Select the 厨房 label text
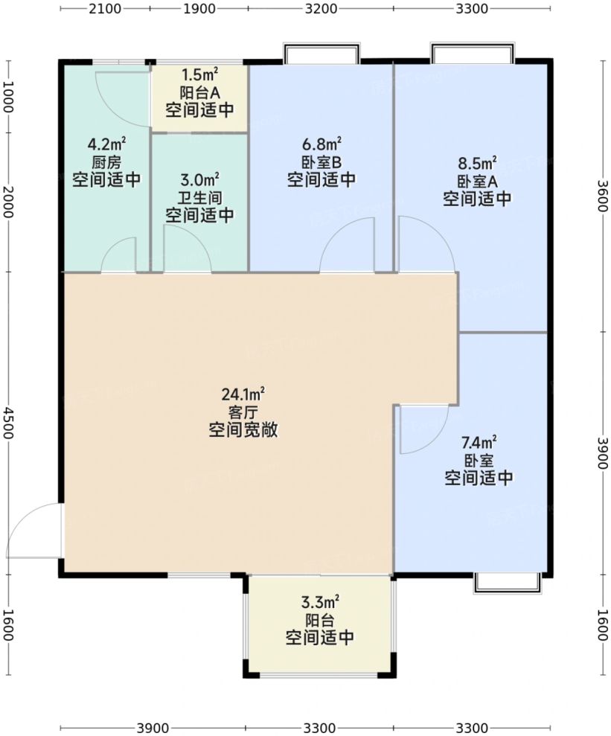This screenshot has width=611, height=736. click(106, 161)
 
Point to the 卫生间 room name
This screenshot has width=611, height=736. click(199, 198)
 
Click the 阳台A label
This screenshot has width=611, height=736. click(199, 92)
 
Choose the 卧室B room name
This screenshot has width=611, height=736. click(321, 161)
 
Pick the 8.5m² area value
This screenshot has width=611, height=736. click(477, 162)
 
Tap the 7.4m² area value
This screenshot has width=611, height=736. click(479, 441)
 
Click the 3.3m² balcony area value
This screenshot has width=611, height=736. click(320, 601)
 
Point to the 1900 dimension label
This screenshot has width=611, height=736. click(199, 8)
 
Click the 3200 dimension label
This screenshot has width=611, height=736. click(321, 8)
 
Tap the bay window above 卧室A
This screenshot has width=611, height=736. click(472, 54)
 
